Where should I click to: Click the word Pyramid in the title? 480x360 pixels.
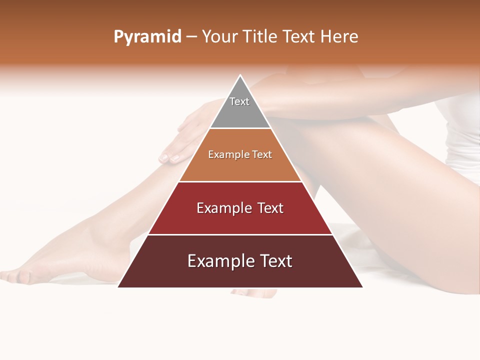147,37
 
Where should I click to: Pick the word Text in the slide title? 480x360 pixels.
300,37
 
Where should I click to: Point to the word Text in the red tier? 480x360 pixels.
270,208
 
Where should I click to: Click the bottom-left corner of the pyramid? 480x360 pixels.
118,286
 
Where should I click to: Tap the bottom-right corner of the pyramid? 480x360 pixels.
362,286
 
